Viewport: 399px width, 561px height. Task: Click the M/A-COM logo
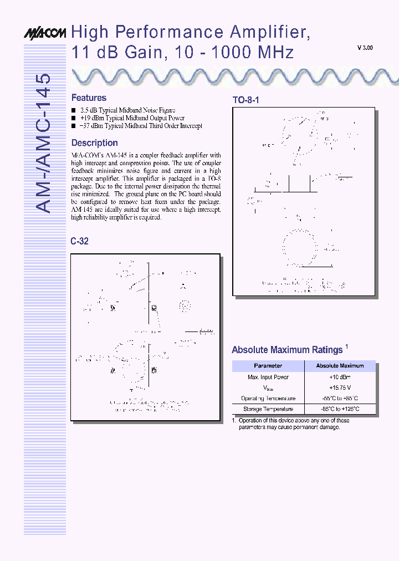[44, 33]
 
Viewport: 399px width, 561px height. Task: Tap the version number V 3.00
[365, 48]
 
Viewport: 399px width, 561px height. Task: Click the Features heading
[89, 98]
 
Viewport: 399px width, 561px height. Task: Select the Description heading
[94, 143]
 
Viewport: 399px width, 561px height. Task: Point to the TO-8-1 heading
[245, 100]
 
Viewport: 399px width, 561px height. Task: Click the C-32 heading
[79, 241]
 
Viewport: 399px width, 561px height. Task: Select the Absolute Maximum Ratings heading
[287, 350]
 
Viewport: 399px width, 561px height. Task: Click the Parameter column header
[268, 366]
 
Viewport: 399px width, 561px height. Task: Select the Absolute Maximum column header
[340, 366]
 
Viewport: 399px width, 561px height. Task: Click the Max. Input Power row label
[268, 377]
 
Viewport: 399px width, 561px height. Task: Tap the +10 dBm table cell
[340, 377]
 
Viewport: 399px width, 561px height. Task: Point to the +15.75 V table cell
[340, 387]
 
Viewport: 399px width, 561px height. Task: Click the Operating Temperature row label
[268, 399]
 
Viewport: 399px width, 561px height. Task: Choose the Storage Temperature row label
[268, 409]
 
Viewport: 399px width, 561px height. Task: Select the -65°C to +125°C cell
[340, 409]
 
